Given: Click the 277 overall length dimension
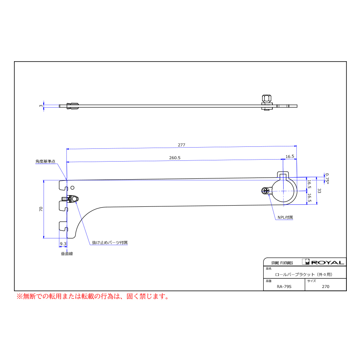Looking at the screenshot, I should pyautogui.click(x=182, y=145).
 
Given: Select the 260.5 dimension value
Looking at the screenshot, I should pyautogui.click(x=175, y=158).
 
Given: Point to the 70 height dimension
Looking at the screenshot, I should pyautogui.click(x=41, y=209).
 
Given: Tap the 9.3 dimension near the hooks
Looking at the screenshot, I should pyautogui.click(x=63, y=244).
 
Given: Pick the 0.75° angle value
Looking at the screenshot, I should pyautogui.click(x=326, y=178).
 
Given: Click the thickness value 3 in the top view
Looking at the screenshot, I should pyautogui.click(x=41, y=106).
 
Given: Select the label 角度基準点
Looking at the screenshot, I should pyautogui.click(x=45, y=162).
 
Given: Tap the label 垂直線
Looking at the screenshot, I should pyautogui.click(x=66, y=254).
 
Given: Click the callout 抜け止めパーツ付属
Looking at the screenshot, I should pyautogui.click(x=110, y=243).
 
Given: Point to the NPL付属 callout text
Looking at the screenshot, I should pyautogui.click(x=285, y=218).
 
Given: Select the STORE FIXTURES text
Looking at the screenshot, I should pyautogui.click(x=282, y=263).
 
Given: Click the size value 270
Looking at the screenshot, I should pyautogui.click(x=325, y=286).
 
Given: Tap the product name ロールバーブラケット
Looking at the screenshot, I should pyautogui.click(x=304, y=274).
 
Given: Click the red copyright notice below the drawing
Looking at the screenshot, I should pyautogui.click(x=92, y=296).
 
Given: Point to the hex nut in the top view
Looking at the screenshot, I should pyautogui.click(x=266, y=98).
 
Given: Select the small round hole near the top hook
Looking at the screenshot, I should pyautogui.click(x=72, y=188).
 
